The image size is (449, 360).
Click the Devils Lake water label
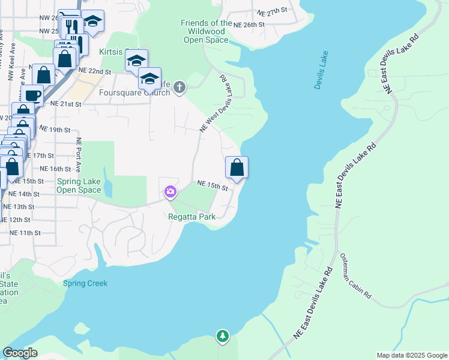(322, 71)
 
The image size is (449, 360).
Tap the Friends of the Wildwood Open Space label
(206, 32)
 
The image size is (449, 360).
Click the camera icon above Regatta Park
(170, 192)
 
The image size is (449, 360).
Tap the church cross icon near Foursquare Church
(179, 89)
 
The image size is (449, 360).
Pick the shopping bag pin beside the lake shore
(237, 167)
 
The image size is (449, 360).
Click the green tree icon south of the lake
(223, 336)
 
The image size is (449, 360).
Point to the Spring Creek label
(85, 283)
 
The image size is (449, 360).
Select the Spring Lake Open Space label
(79, 185)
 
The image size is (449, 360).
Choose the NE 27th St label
(273, 12)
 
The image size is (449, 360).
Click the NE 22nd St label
(95, 71)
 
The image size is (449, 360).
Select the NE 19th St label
(55, 130)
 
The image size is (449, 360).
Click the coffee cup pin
(32, 95)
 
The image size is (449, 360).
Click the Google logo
(20, 353)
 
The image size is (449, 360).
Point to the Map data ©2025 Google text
(411, 355)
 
